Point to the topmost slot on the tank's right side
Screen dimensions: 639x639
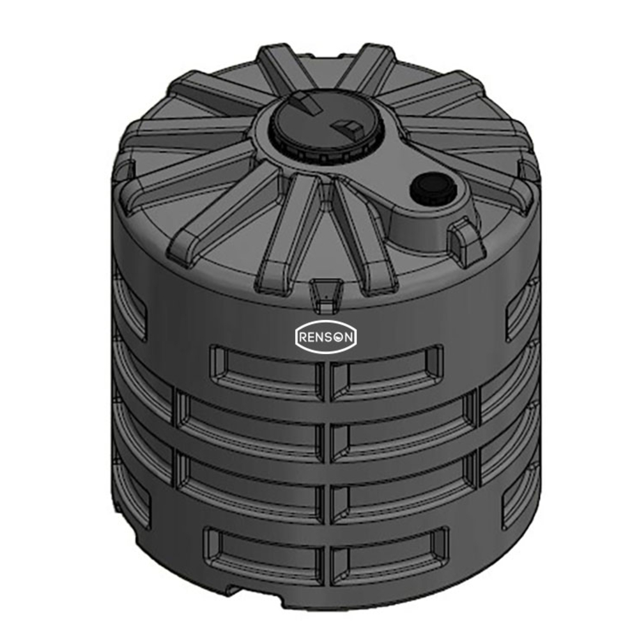click(x=521, y=310)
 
